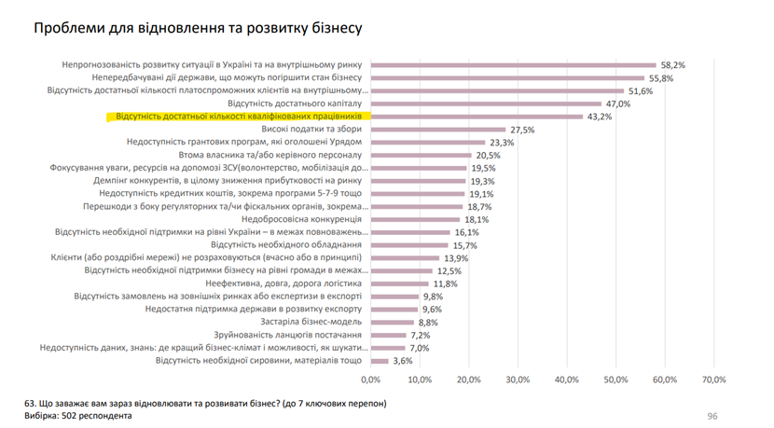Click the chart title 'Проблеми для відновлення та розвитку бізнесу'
(x=198, y=29)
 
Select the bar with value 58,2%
(x=513, y=65)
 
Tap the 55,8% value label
(x=661, y=78)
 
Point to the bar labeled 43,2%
(x=477, y=117)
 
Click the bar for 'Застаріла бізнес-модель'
(x=392, y=322)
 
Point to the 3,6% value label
(x=402, y=360)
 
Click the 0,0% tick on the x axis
(x=370, y=380)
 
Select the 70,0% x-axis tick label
(x=713, y=380)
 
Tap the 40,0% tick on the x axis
(x=566, y=380)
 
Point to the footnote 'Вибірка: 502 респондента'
(x=78, y=416)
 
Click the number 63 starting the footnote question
(x=31, y=403)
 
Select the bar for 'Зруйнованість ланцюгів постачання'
(x=388, y=335)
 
